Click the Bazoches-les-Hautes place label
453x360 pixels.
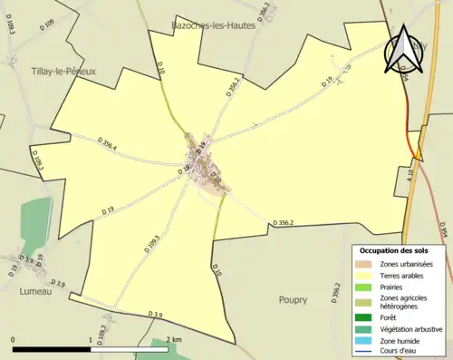point(214,25)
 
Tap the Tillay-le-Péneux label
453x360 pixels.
point(63,70)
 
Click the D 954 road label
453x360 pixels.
point(443,232)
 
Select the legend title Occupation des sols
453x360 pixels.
point(394,249)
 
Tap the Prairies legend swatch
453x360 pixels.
point(365,287)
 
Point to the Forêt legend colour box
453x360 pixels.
point(365,317)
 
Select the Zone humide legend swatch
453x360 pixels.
point(365,341)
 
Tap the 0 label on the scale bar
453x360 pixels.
point(14,339)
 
